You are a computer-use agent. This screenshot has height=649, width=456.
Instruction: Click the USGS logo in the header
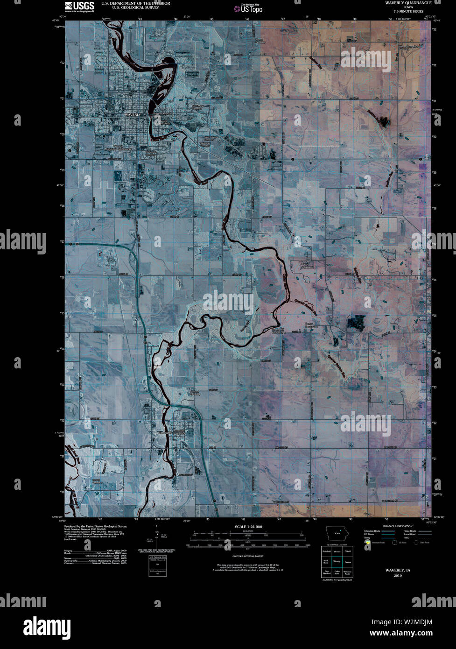pos(79,6)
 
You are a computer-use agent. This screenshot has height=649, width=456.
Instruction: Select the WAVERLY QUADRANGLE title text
pos(401,3)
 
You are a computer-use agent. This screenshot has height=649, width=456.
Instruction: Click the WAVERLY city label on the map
pos(133,114)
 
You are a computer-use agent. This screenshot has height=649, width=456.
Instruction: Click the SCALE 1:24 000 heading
pos(248,527)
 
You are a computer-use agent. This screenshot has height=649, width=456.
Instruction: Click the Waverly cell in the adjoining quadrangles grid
pos(337,561)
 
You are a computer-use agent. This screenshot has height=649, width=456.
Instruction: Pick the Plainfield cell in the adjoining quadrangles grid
pos(326,551)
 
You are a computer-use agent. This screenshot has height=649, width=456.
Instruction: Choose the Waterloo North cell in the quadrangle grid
pos(347,572)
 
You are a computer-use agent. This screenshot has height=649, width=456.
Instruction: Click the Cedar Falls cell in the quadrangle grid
pos(337,572)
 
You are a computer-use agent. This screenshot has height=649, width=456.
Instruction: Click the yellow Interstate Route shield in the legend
pos(367,543)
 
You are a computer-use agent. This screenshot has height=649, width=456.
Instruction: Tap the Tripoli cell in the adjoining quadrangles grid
pos(347,551)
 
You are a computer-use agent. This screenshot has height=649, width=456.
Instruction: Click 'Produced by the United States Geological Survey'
pos(95,526)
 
